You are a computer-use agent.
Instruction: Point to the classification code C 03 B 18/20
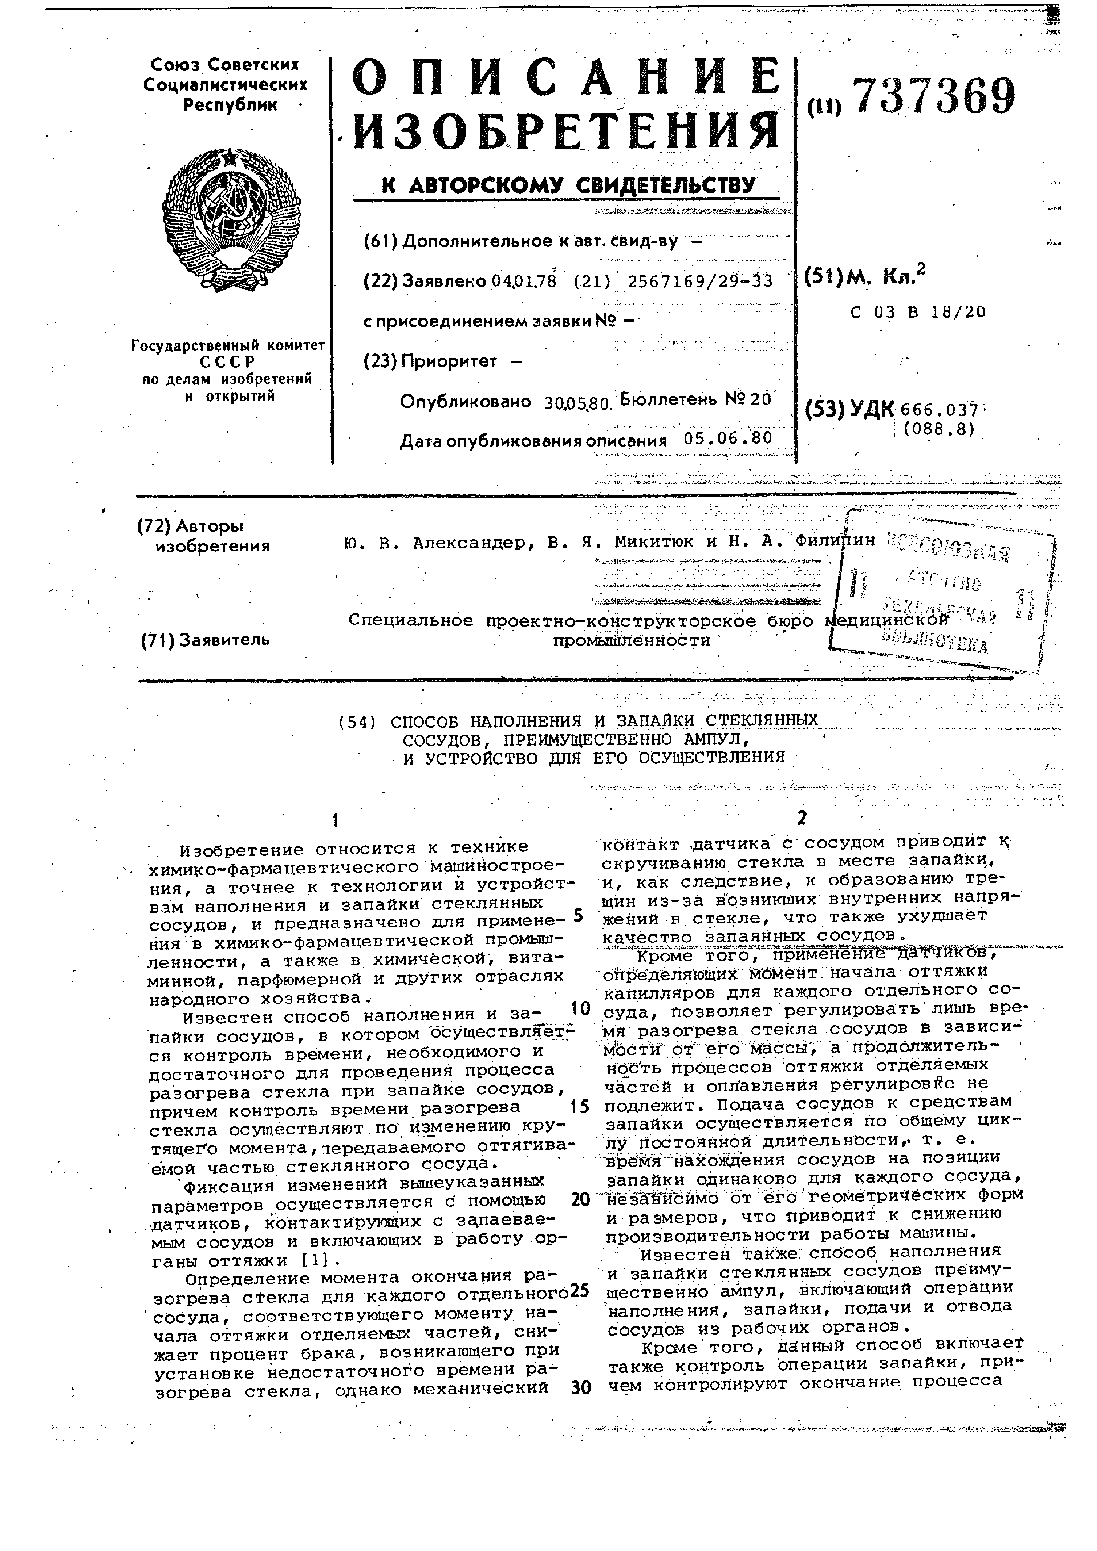click(x=919, y=312)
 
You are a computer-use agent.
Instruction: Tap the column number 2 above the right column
click(x=802, y=819)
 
